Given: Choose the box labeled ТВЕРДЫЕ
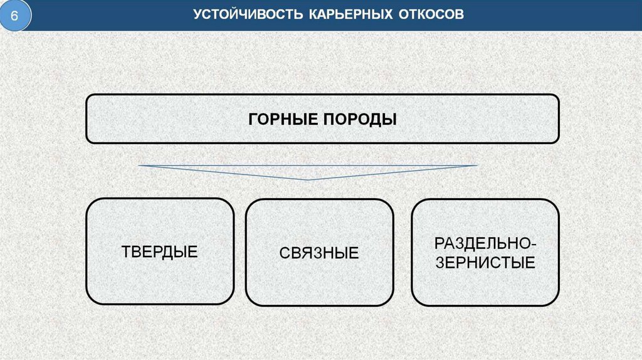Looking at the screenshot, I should (160, 251).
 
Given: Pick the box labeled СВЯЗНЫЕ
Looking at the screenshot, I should (319, 253).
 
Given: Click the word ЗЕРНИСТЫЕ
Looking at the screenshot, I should (485, 262).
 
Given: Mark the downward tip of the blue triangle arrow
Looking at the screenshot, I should (308, 180).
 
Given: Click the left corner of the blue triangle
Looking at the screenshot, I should (140, 166).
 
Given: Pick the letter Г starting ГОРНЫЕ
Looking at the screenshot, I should (253, 119).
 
